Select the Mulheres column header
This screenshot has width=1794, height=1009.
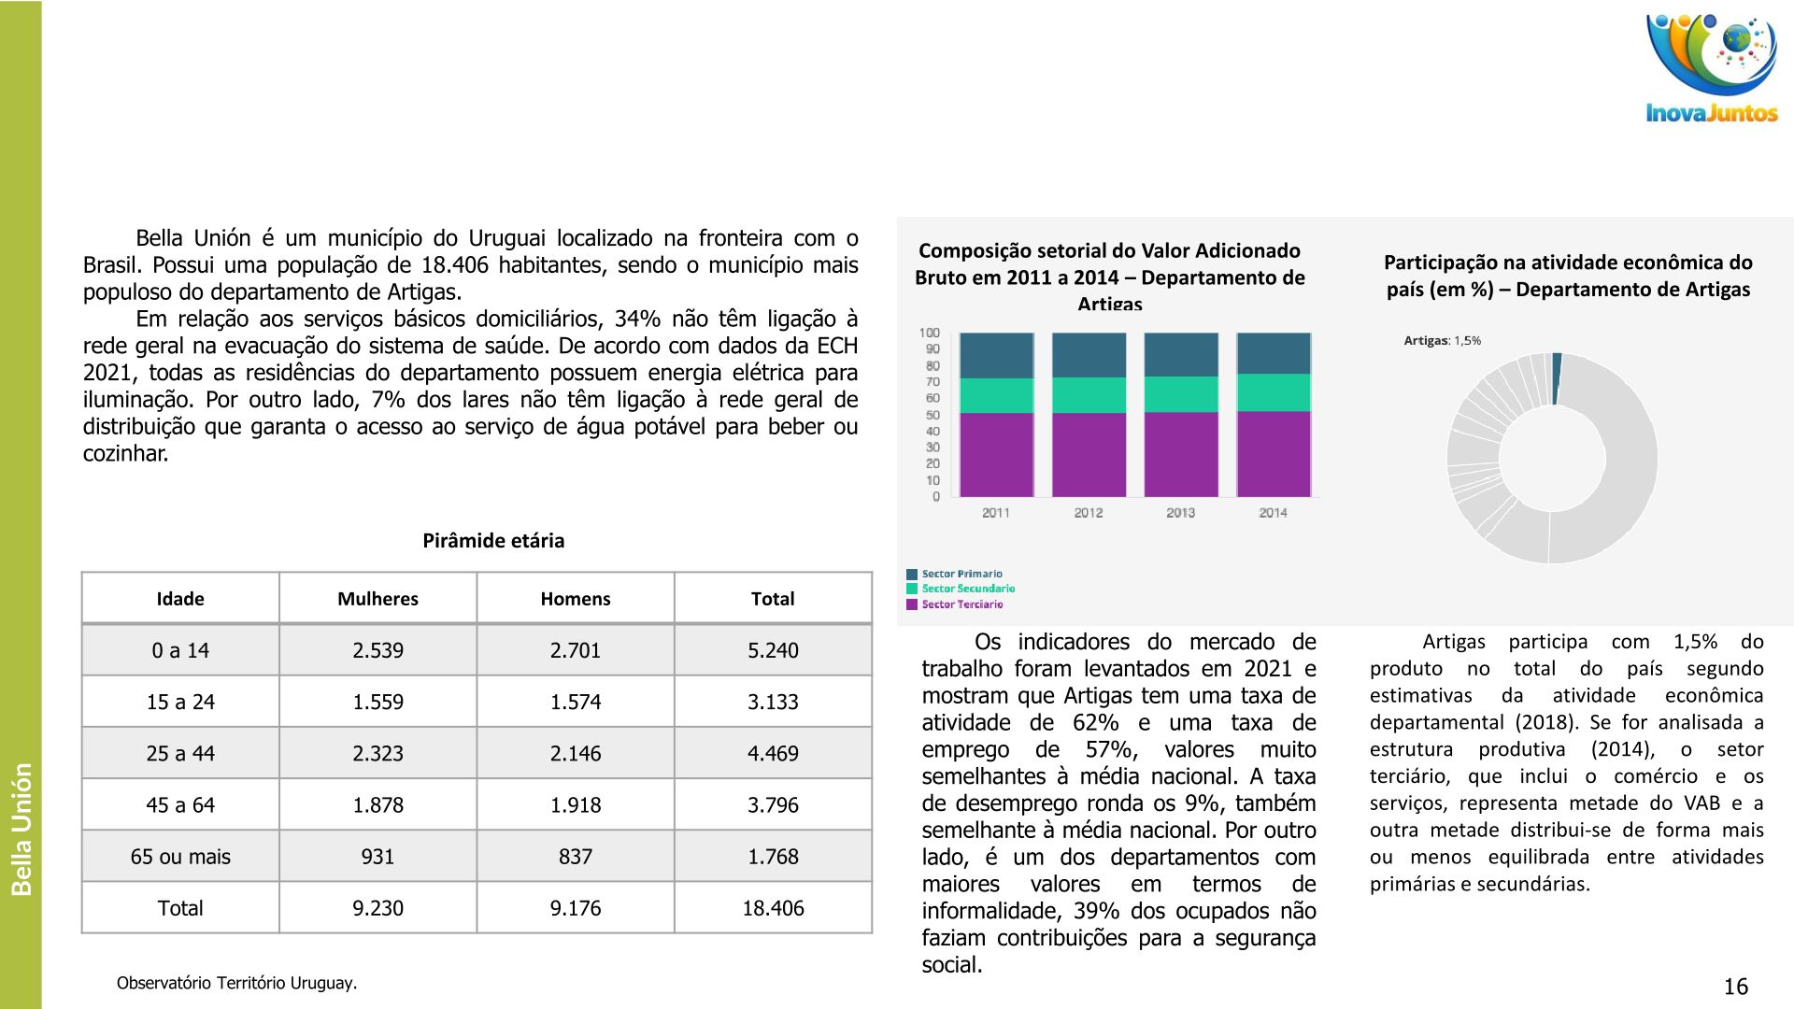pos(377,599)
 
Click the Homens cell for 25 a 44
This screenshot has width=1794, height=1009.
pos(575,753)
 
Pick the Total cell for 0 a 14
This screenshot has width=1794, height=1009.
pos(773,650)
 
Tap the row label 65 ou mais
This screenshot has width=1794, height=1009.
pos(180,857)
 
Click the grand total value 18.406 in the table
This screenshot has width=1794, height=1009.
pos(773,908)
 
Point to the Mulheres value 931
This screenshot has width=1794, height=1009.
pos(377,857)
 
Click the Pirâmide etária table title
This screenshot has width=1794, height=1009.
pos(493,541)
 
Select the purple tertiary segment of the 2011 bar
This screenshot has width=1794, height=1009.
pos(996,455)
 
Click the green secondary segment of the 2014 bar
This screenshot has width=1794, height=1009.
pos(1274,392)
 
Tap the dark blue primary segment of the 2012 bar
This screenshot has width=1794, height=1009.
pos(1089,355)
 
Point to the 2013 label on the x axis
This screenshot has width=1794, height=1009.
pos(1180,513)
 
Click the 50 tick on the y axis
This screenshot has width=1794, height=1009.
pos(932,415)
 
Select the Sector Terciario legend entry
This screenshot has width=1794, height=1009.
pos(961,604)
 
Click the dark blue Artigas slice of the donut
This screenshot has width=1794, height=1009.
pos(1556,378)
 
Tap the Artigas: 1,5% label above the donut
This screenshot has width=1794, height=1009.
pos(1442,341)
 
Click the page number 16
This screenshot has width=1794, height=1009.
pos(1735,987)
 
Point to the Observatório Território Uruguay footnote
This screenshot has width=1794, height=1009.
pos(236,983)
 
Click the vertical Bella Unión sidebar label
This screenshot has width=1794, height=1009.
pos(21,830)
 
